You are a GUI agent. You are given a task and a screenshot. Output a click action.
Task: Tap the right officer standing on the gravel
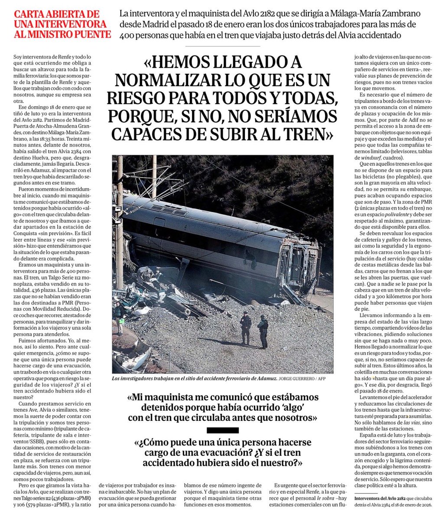pyautogui.click(x=263, y=331)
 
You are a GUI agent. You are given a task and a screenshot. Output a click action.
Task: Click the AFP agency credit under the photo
pyautogui.click(x=328, y=379)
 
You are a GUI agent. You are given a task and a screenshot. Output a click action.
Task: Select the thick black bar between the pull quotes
pyautogui.click(x=223, y=430)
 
